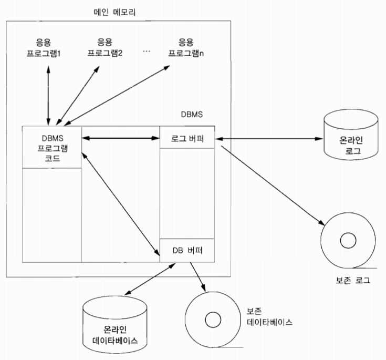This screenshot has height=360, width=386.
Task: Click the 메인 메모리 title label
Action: [x=112, y=11]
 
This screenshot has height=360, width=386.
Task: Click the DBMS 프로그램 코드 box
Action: [x=52, y=147]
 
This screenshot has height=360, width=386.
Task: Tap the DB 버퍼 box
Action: [x=187, y=250]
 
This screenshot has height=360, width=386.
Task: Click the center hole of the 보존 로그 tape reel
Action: [x=347, y=241]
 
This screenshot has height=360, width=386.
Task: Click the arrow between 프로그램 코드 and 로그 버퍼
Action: [x=120, y=139]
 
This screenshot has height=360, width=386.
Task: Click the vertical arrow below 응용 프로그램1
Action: [x=48, y=91]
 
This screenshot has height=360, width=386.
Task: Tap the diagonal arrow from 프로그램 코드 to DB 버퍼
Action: [x=122, y=202]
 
